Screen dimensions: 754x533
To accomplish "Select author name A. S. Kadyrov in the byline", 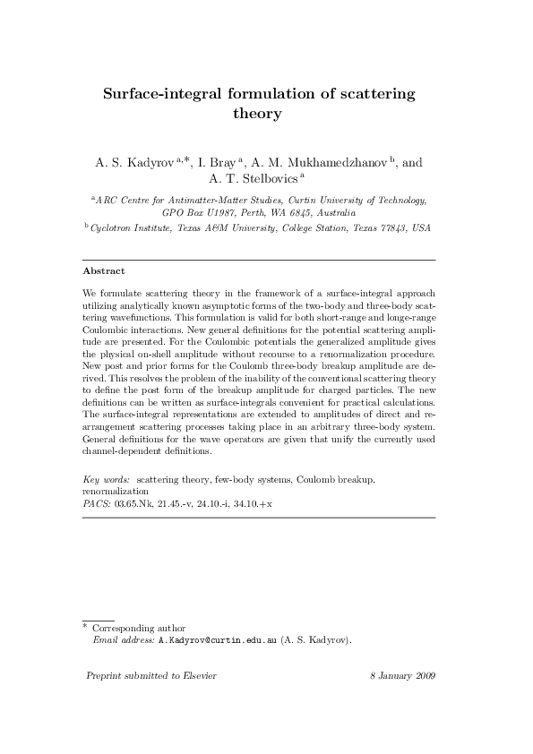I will click(134, 164).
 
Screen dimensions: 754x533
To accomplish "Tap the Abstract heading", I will click(103, 270).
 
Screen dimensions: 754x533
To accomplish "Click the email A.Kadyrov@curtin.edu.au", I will click(218, 641).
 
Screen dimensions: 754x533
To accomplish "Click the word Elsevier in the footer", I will click(196, 675).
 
